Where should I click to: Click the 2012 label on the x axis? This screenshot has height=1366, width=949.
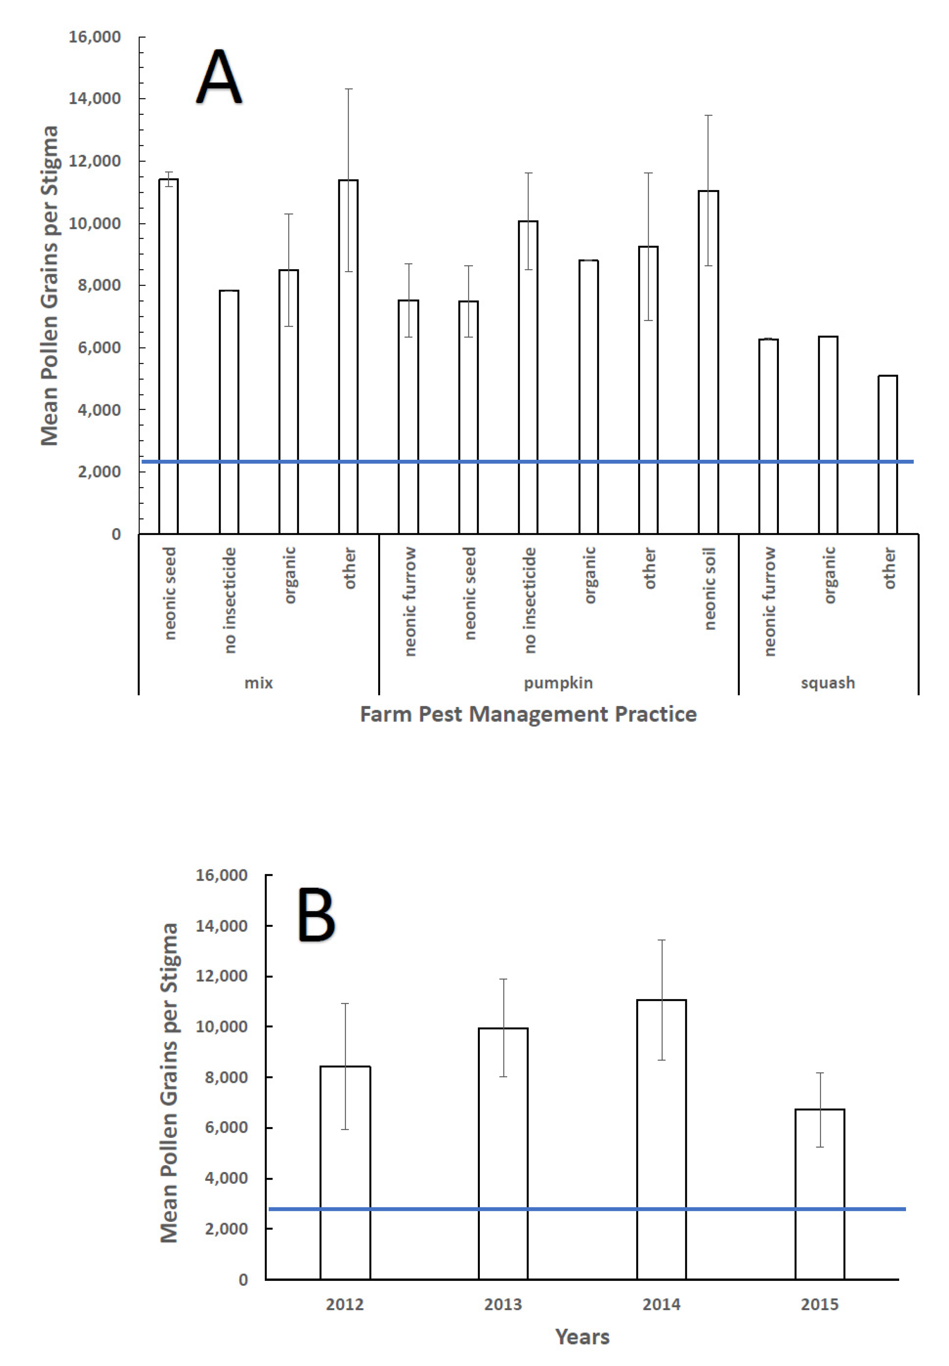pyautogui.click(x=344, y=1304)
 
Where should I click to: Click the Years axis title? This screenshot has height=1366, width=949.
pyautogui.click(x=582, y=1336)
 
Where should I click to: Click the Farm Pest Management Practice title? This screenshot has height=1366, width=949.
pyautogui.click(x=528, y=713)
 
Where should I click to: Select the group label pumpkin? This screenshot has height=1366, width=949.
pyautogui.click(x=558, y=683)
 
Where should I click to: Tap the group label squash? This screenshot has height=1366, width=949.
pyautogui.click(x=828, y=683)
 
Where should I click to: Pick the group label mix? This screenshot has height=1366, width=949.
pyautogui.click(x=259, y=683)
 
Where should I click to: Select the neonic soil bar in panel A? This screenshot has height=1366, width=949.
pyautogui.click(x=708, y=362)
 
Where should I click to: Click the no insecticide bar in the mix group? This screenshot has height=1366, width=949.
pyautogui.click(x=229, y=412)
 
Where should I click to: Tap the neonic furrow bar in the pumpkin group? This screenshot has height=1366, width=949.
pyautogui.click(x=409, y=416)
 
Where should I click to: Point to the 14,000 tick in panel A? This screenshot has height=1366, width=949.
pyautogui.click(x=95, y=98)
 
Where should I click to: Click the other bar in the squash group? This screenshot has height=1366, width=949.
pyautogui.click(x=888, y=454)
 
